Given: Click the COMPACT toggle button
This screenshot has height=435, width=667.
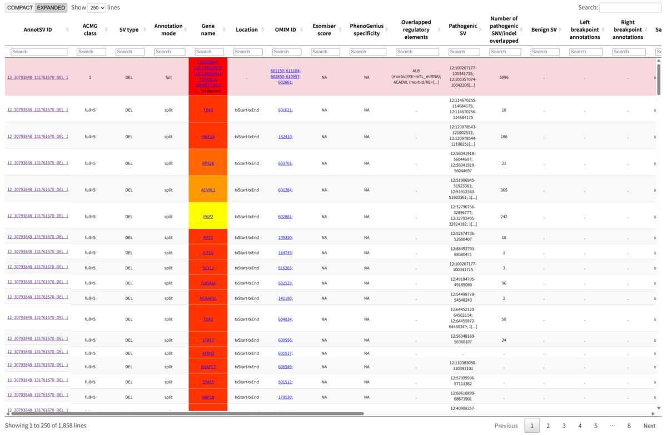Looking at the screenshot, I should click(20, 8).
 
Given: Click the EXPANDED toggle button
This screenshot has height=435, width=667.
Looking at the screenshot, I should click(51, 8).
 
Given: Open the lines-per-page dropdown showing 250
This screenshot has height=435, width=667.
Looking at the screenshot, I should click(96, 8).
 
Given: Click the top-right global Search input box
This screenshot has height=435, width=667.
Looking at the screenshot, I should click(630, 8).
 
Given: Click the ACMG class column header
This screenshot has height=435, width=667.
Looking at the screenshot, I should click(90, 30).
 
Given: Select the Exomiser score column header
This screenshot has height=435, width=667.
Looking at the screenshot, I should click(324, 30).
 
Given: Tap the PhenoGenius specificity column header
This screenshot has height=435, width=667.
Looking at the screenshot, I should click(366, 30).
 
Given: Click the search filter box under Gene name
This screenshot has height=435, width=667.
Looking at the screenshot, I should click(208, 52).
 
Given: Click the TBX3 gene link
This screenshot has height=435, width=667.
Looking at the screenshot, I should click(208, 110).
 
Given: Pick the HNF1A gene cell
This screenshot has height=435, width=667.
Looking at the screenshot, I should click(208, 137).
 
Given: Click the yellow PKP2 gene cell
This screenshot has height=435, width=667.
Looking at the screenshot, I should click(208, 217).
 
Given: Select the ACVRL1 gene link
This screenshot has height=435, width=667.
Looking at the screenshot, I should click(208, 190).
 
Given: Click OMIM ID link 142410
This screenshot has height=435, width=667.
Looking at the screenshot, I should click(285, 137).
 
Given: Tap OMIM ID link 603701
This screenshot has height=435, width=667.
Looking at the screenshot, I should click(285, 163).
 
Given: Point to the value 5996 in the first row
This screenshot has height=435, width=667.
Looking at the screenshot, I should click(504, 78).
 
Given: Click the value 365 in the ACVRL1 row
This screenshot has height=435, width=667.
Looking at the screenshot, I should click(504, 190).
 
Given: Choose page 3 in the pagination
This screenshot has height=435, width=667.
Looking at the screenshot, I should click(564, 426).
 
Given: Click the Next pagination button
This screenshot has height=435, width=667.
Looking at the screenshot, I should click(649, 426).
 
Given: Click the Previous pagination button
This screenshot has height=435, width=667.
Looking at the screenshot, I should click(506, 426).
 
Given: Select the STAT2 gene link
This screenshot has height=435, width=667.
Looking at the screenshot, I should click(208, 340).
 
